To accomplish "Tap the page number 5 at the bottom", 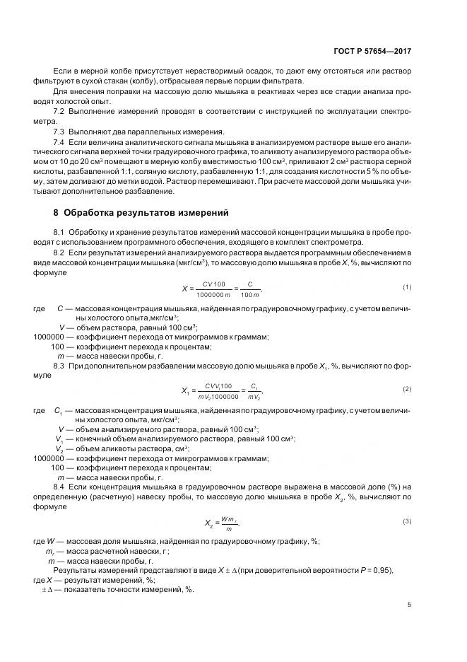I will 410,605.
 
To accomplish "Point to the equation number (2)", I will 407,390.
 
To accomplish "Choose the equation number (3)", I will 407,521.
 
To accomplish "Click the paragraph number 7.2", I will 59,112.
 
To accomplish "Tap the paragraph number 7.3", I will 59,132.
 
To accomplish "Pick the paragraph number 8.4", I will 59,487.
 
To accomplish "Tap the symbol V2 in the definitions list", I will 59,448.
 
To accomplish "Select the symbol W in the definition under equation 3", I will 50,541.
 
